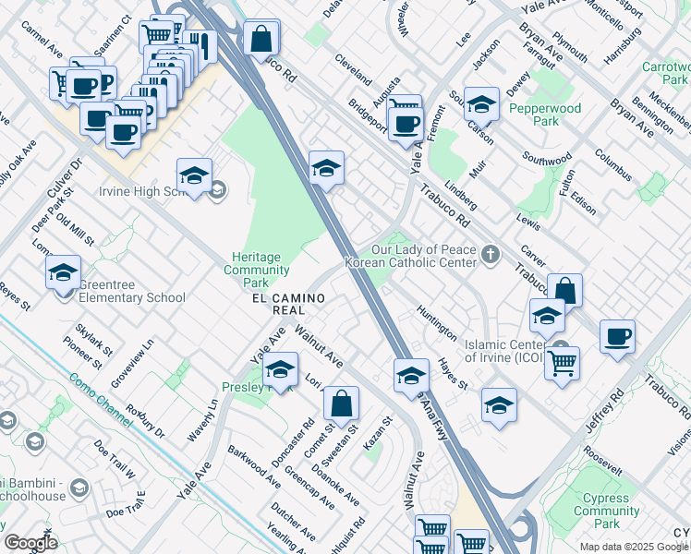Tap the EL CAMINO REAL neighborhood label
click(x=288, y=304)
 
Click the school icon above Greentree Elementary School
click(x=63, y=272)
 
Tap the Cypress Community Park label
click(x=605, y=517)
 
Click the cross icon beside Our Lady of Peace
click(x=491, y=252)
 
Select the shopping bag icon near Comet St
click(x=341, y=403)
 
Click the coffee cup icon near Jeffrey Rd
click(x=617, y=336)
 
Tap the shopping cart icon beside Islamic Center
click(x=562, y=362)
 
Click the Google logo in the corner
click(x=30, y=543)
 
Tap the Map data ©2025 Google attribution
click(x=634, y=547)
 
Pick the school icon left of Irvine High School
click(x=194, y=175)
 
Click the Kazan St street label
click(x=377, y=432)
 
